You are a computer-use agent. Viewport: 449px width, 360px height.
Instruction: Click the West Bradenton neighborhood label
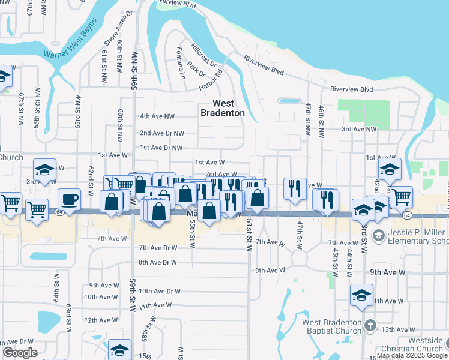222,108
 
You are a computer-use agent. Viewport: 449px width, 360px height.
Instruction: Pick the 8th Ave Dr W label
158,262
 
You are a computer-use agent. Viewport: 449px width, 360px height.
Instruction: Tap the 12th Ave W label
100,320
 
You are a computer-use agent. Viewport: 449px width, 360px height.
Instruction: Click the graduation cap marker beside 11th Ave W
361,295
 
